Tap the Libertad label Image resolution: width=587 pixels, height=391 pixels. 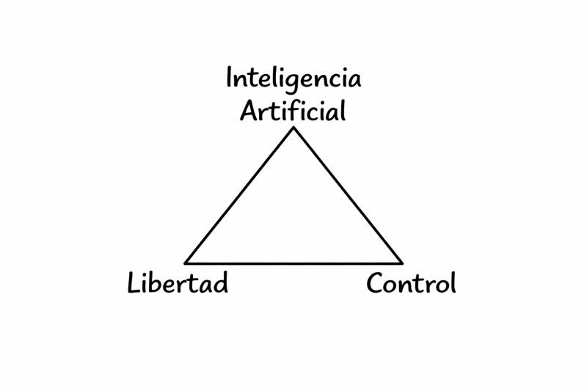(178, 282)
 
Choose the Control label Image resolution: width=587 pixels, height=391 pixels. (411, 282)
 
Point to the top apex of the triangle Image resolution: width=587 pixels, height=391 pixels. (293, 128)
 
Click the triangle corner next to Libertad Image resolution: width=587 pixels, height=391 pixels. (186, 262)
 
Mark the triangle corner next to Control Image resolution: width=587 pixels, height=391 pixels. (401, 262)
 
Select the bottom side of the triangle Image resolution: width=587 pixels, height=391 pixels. (293, 263)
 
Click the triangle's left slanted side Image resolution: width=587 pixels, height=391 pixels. (239, 195)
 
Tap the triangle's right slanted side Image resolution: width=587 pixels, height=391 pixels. (348, 195)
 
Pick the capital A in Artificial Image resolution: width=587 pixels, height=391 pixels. (249, 112)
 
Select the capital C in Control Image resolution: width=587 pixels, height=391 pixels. (375, 283)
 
